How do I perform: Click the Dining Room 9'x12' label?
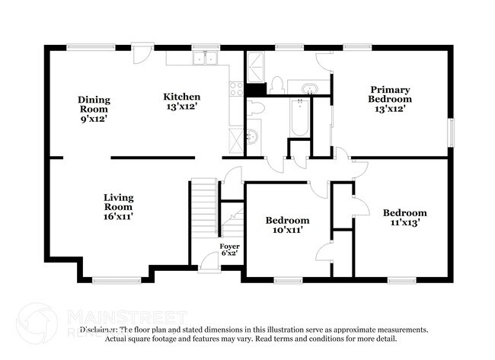pos(94,109)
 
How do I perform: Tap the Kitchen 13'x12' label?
pos(182,101)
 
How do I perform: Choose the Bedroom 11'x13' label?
pos(404,218)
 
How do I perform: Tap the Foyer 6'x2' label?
pos(229,250)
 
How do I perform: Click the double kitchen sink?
pos(204,59)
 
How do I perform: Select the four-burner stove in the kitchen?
pos(235,90)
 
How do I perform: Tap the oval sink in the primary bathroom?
pos(310,87)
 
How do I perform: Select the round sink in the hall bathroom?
pos(254,135)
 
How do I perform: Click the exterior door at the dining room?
pos(141,53)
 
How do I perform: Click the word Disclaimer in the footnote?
pos(99,330)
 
